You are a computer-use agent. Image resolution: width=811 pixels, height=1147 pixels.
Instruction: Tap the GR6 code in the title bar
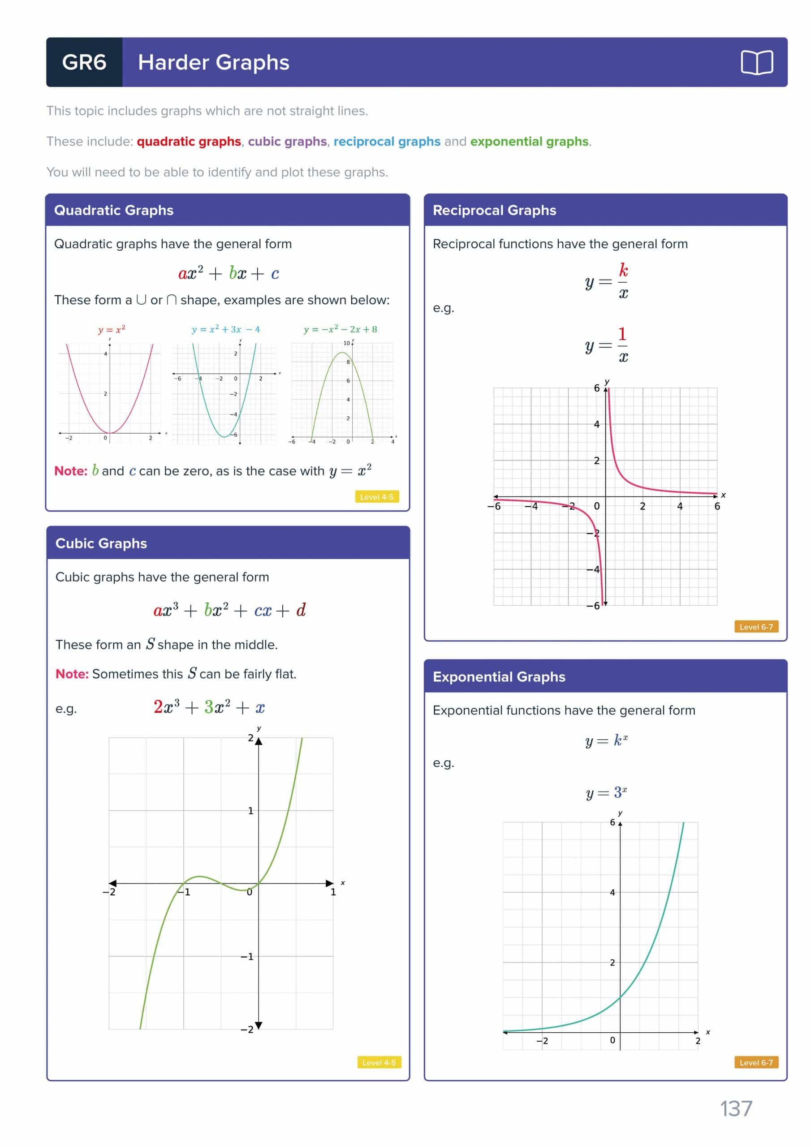tap(84, 62)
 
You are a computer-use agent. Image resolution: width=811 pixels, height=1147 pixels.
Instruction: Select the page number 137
tap(736, 1108)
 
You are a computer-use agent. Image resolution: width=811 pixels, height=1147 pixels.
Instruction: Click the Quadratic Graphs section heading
tap(113, 210)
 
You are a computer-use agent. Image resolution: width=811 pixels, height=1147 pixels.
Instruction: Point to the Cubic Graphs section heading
tap(101, 543)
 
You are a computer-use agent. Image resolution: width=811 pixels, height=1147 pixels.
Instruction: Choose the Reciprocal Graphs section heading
tap(494, 210)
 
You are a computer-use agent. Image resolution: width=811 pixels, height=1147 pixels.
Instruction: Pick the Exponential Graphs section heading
tap(499, 677)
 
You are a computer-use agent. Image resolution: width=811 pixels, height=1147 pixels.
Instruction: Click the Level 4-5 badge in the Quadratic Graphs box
tap(377, 497)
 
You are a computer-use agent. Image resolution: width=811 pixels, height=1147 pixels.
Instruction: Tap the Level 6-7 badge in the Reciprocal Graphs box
tap(755, 626)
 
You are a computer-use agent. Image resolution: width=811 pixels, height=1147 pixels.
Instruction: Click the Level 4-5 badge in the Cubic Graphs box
tap(379, 1063)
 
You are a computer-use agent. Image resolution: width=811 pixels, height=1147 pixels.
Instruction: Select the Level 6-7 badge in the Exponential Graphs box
tap(755, 1063)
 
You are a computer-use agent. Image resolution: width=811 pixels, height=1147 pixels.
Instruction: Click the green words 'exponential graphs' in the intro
tap(529, 142)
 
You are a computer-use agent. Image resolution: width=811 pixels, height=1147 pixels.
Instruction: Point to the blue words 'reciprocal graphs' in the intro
tap(387, 142)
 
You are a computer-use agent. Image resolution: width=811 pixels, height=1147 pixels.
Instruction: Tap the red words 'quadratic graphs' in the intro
tap(189, 142)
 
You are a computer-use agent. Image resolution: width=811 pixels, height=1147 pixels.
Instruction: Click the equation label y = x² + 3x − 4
tap(226, 329)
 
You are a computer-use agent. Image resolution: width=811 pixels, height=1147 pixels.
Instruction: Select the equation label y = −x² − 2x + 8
tap(340, 329)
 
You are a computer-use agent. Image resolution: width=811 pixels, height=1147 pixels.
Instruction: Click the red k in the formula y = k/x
tap(623, 270)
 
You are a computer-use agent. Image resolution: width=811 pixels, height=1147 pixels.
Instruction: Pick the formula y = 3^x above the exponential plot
tap(606, 792)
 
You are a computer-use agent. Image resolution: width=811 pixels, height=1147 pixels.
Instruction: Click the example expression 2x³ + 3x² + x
tap(209, 707)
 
